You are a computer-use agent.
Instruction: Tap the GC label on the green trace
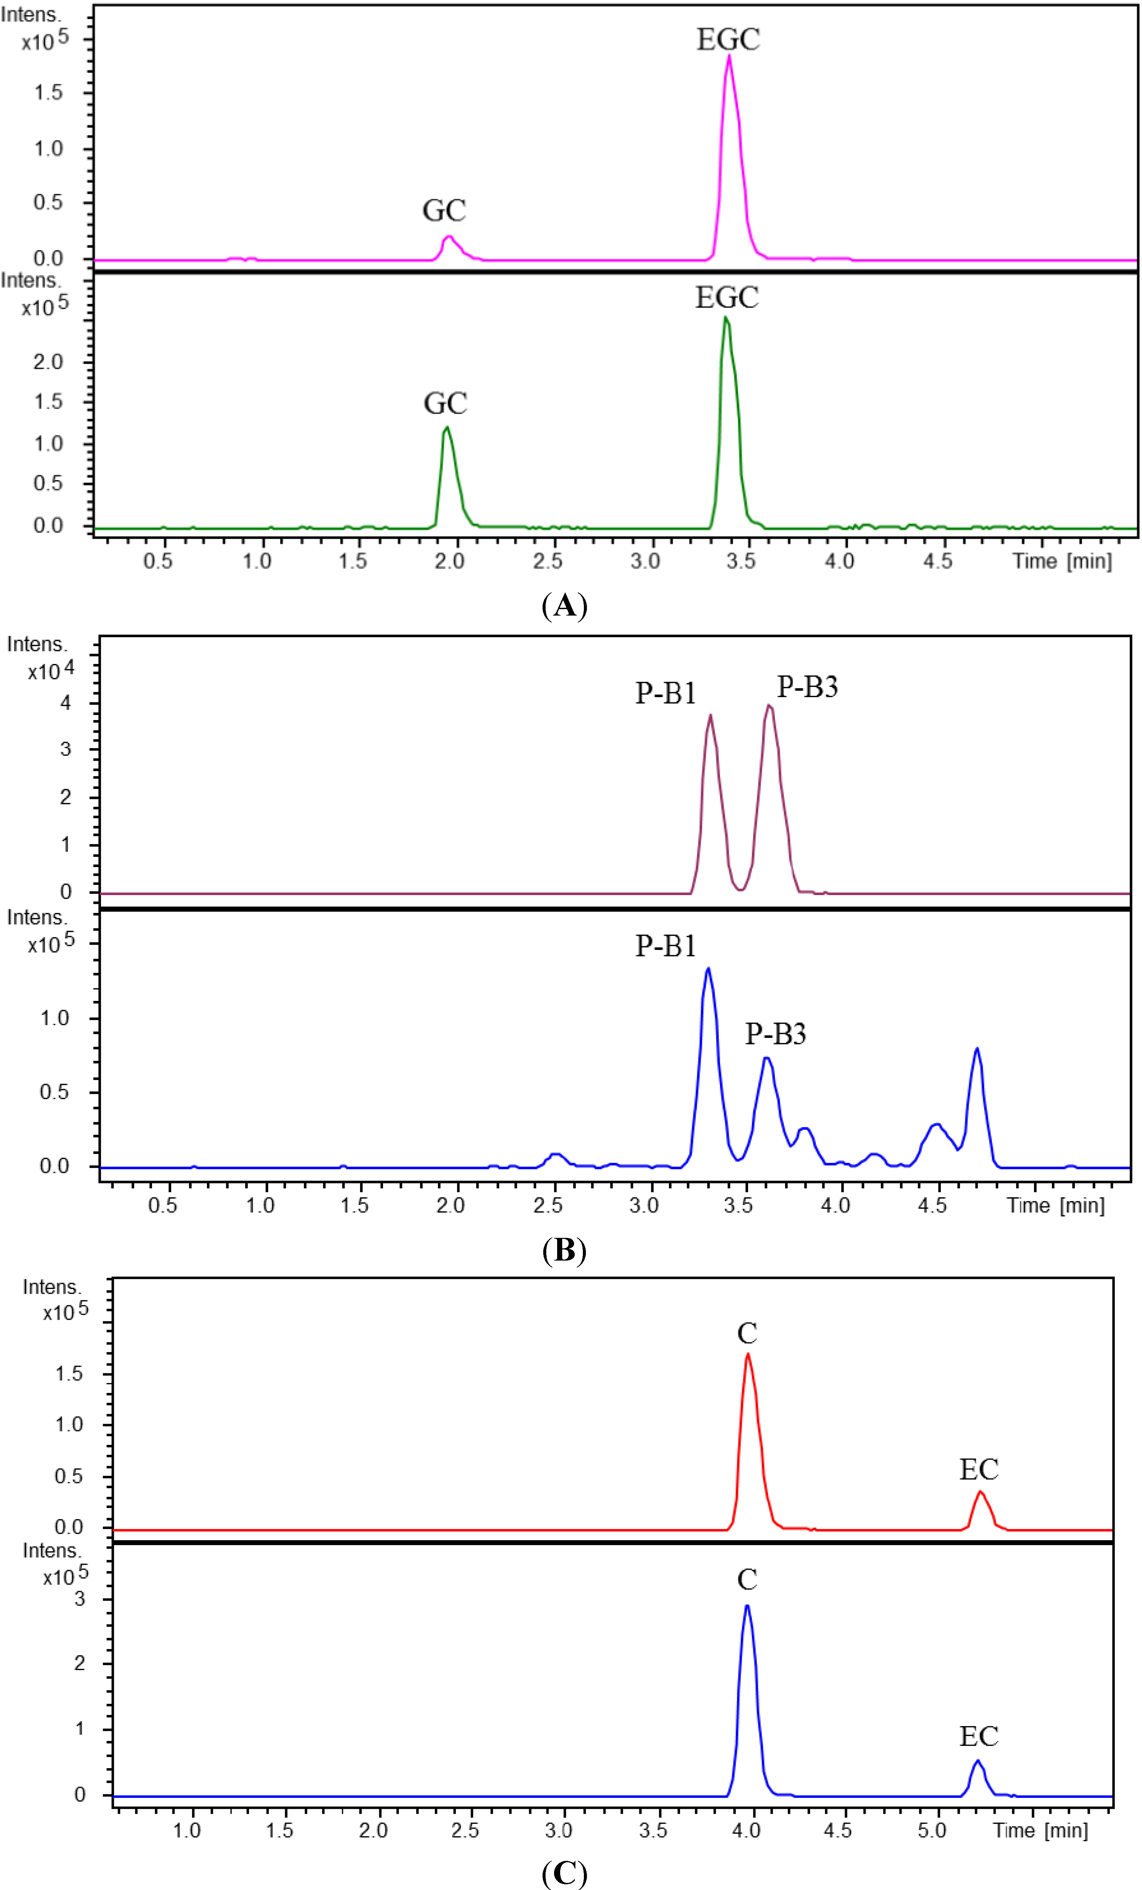point(445,403)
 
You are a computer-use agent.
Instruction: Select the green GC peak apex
point(446,428)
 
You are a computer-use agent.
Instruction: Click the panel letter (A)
point(564,606)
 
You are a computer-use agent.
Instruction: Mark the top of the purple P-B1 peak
point(711,716)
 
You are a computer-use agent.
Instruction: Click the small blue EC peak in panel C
point(977,1761)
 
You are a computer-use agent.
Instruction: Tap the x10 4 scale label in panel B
point(51,670)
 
